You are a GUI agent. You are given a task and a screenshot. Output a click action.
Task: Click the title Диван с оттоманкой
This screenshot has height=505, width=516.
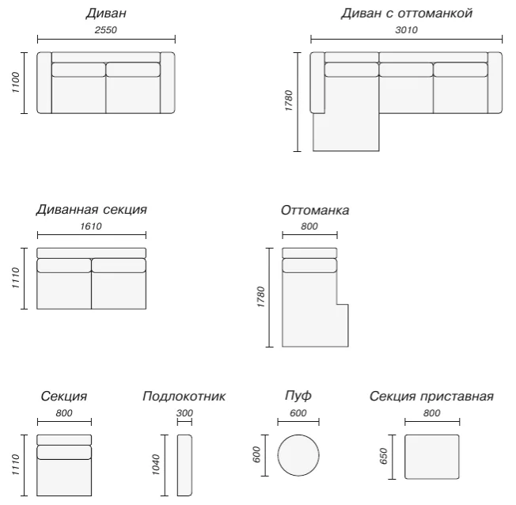(x=407, y=13)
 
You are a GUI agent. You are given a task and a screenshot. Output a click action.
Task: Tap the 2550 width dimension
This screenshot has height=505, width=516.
(x=105, y=30)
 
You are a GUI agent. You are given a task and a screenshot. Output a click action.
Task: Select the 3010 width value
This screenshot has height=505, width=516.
(x=406, y=30)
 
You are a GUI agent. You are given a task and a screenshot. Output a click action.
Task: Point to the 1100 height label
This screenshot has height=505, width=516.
(x=16, y=82)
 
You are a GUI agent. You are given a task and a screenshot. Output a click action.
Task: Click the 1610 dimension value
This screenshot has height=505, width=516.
(x=91, y=226)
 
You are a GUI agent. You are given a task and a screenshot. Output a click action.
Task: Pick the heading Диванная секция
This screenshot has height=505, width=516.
(x=92, y=210)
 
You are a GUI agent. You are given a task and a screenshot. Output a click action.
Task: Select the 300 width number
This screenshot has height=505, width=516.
(x=184, y=413)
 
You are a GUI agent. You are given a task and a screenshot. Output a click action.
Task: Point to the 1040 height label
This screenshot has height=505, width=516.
(x=156, y=465)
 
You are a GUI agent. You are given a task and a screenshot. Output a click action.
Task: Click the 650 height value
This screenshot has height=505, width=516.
(x=384, y=456)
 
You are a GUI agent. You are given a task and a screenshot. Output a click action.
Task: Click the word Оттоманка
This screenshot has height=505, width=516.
(x=315, y=210)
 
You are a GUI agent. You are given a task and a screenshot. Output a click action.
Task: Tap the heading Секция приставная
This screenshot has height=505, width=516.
(x=431, y=396)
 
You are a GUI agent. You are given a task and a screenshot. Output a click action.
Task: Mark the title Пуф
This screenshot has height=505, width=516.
(x=298, y=396)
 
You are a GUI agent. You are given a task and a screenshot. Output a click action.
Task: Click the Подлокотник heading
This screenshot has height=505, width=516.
(x=184, y=396)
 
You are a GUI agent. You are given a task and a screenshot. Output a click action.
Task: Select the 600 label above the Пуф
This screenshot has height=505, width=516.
(x=298, y=413)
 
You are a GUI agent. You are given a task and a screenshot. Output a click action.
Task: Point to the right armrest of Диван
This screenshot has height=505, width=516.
(x=168, y=82)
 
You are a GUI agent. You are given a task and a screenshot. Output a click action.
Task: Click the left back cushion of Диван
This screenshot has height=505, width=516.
(x=78, y=70)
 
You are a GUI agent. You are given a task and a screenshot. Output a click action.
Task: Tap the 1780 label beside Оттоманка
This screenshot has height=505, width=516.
(x=260, y=297)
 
